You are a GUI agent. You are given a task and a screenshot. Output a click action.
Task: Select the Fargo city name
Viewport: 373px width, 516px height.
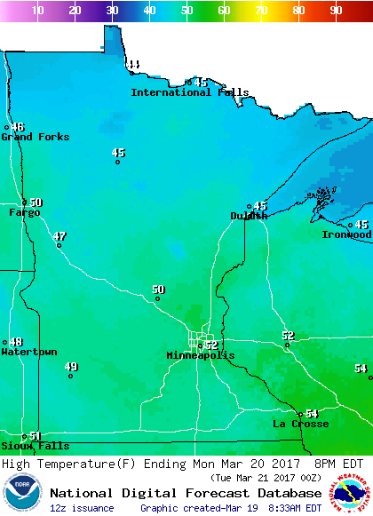[x=25, y=212]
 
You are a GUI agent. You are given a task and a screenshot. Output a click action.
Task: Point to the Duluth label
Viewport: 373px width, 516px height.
[x=248, y=216]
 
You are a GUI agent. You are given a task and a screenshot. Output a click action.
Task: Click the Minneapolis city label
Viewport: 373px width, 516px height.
[x=201, y=355]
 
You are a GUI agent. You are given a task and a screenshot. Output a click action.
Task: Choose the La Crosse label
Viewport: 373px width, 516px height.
[x=300, y=424]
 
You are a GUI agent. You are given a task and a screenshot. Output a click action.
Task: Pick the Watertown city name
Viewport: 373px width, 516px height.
[x=29, y=353]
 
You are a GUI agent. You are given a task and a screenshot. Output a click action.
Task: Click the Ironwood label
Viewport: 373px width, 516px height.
[x=346, y=234]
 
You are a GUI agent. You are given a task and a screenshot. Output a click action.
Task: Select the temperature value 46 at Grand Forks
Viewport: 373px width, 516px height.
[x=18, y=127]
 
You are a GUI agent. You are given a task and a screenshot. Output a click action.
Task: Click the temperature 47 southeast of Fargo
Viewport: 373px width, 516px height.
[x=60, y=236]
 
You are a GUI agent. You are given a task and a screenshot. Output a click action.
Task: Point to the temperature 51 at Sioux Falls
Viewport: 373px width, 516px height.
[x=35, y=435]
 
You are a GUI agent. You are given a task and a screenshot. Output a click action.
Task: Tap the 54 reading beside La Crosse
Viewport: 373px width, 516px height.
[x=311, y=414]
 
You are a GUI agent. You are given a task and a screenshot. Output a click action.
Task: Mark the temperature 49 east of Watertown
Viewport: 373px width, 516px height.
[x=71, y=367]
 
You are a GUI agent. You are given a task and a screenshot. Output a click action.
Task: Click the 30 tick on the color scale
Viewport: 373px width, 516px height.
[x=112, y=11]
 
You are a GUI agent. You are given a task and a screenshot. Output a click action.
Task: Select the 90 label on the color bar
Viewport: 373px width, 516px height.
[x=336, y=11]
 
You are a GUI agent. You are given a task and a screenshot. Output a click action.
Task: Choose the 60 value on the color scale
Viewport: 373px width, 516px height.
[x=224, y=11]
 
